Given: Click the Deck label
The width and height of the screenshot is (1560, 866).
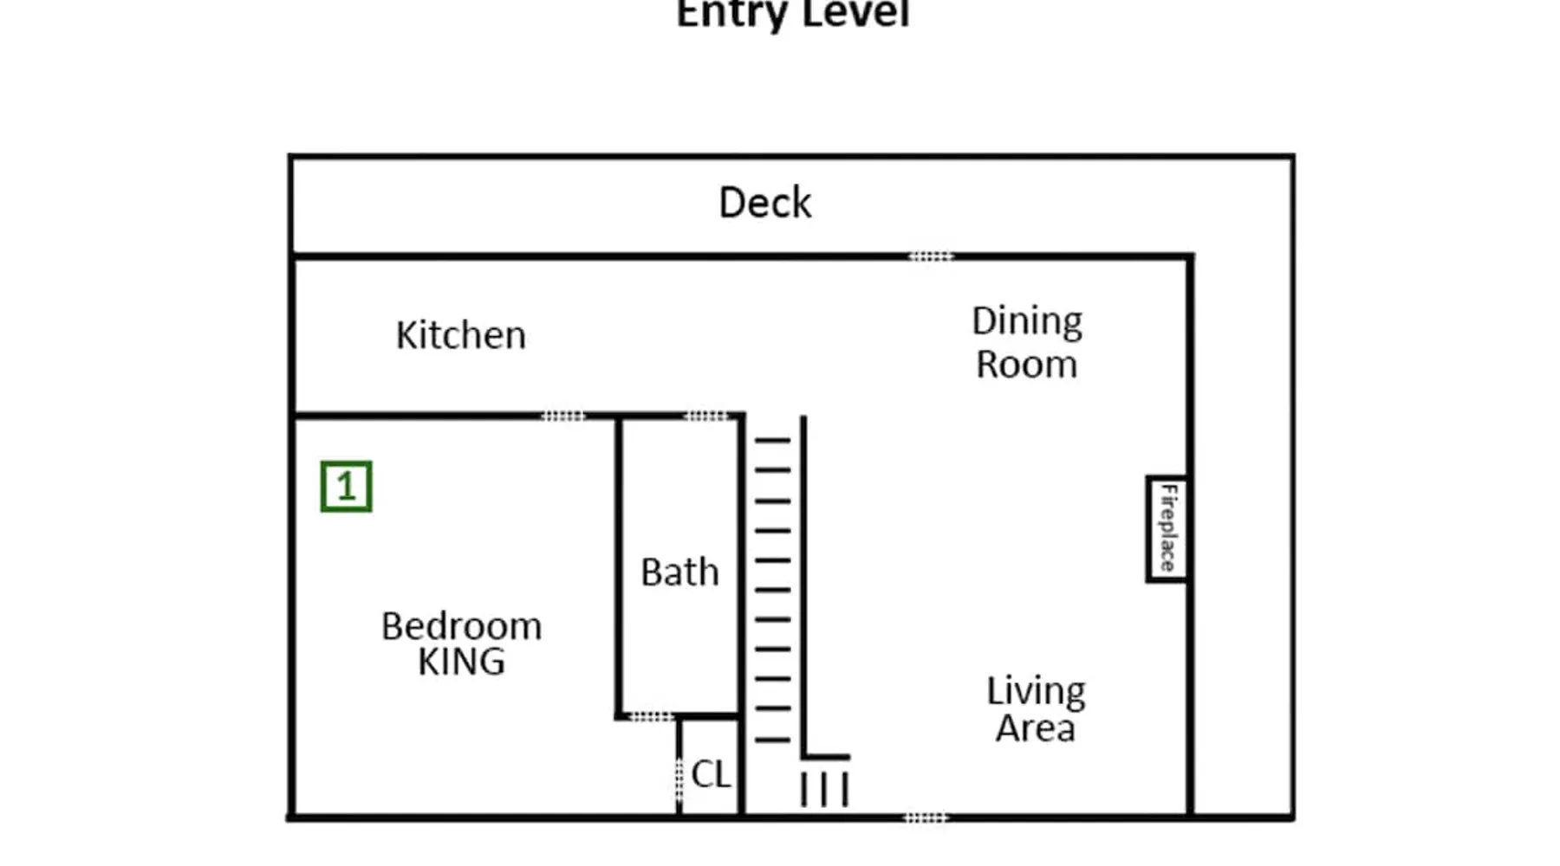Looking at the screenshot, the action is click(765, 203).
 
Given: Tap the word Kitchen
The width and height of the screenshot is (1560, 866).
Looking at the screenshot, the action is click(460, 335).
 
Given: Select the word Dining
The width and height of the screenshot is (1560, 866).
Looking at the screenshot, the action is click(1027, 322).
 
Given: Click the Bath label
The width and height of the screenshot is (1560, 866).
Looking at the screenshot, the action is click(680, 572).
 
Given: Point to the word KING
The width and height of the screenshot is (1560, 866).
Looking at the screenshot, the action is click(461, 662).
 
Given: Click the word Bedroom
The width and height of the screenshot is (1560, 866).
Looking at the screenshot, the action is click(461, 625).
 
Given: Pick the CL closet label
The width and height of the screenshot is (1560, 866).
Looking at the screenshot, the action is click(711, 774).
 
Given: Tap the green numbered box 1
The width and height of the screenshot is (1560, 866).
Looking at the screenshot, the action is click(346, 487).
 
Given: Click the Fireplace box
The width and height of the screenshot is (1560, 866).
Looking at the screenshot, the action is click(1167, 528).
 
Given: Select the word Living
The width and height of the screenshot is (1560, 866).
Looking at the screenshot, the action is click(1036, 692).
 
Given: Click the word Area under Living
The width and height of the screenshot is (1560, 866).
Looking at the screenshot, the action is click(1035, 727).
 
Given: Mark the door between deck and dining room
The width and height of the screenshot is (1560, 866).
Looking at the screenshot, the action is click(930, 256).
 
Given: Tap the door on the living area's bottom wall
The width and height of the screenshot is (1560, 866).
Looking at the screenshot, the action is click(926, 818).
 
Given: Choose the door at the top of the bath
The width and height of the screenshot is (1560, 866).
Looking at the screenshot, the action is click(706, 417).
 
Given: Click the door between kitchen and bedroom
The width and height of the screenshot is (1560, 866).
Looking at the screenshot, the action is click(563, 417).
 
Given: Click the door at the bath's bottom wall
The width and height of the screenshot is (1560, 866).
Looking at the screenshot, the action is click(651, 717).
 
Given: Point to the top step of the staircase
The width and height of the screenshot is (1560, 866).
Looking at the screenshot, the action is click(772, 441).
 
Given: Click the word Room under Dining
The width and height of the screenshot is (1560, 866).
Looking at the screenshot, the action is click(1027, 365).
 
